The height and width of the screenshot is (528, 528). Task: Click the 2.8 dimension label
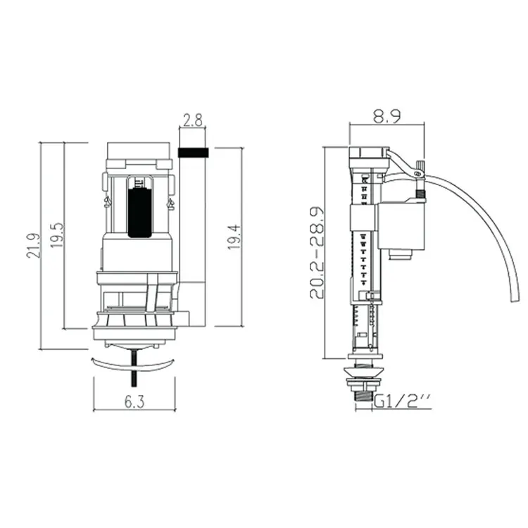point(193,120)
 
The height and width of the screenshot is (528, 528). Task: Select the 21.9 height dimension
point(33,246)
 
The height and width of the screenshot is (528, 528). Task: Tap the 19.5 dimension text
point(57,234)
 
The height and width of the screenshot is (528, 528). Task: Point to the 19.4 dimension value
point(234,237)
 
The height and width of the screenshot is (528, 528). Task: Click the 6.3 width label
point(134,401)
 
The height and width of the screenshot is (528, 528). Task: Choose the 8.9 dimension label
point(387,116)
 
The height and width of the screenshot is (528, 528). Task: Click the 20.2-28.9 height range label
point(317,253)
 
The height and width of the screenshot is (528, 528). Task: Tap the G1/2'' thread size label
point(402,401)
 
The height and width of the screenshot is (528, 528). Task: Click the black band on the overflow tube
point(193,153)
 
